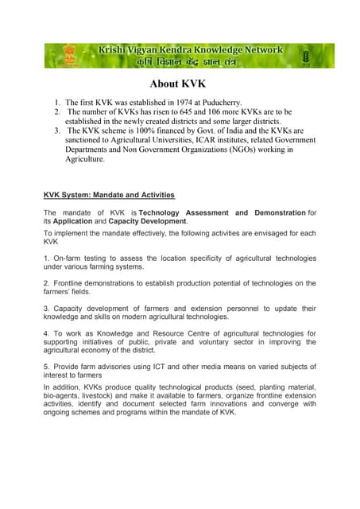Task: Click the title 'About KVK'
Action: click(180, 84)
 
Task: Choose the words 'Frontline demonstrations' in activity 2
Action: click(97, 283)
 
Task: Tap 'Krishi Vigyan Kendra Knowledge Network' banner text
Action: click(190, 50)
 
